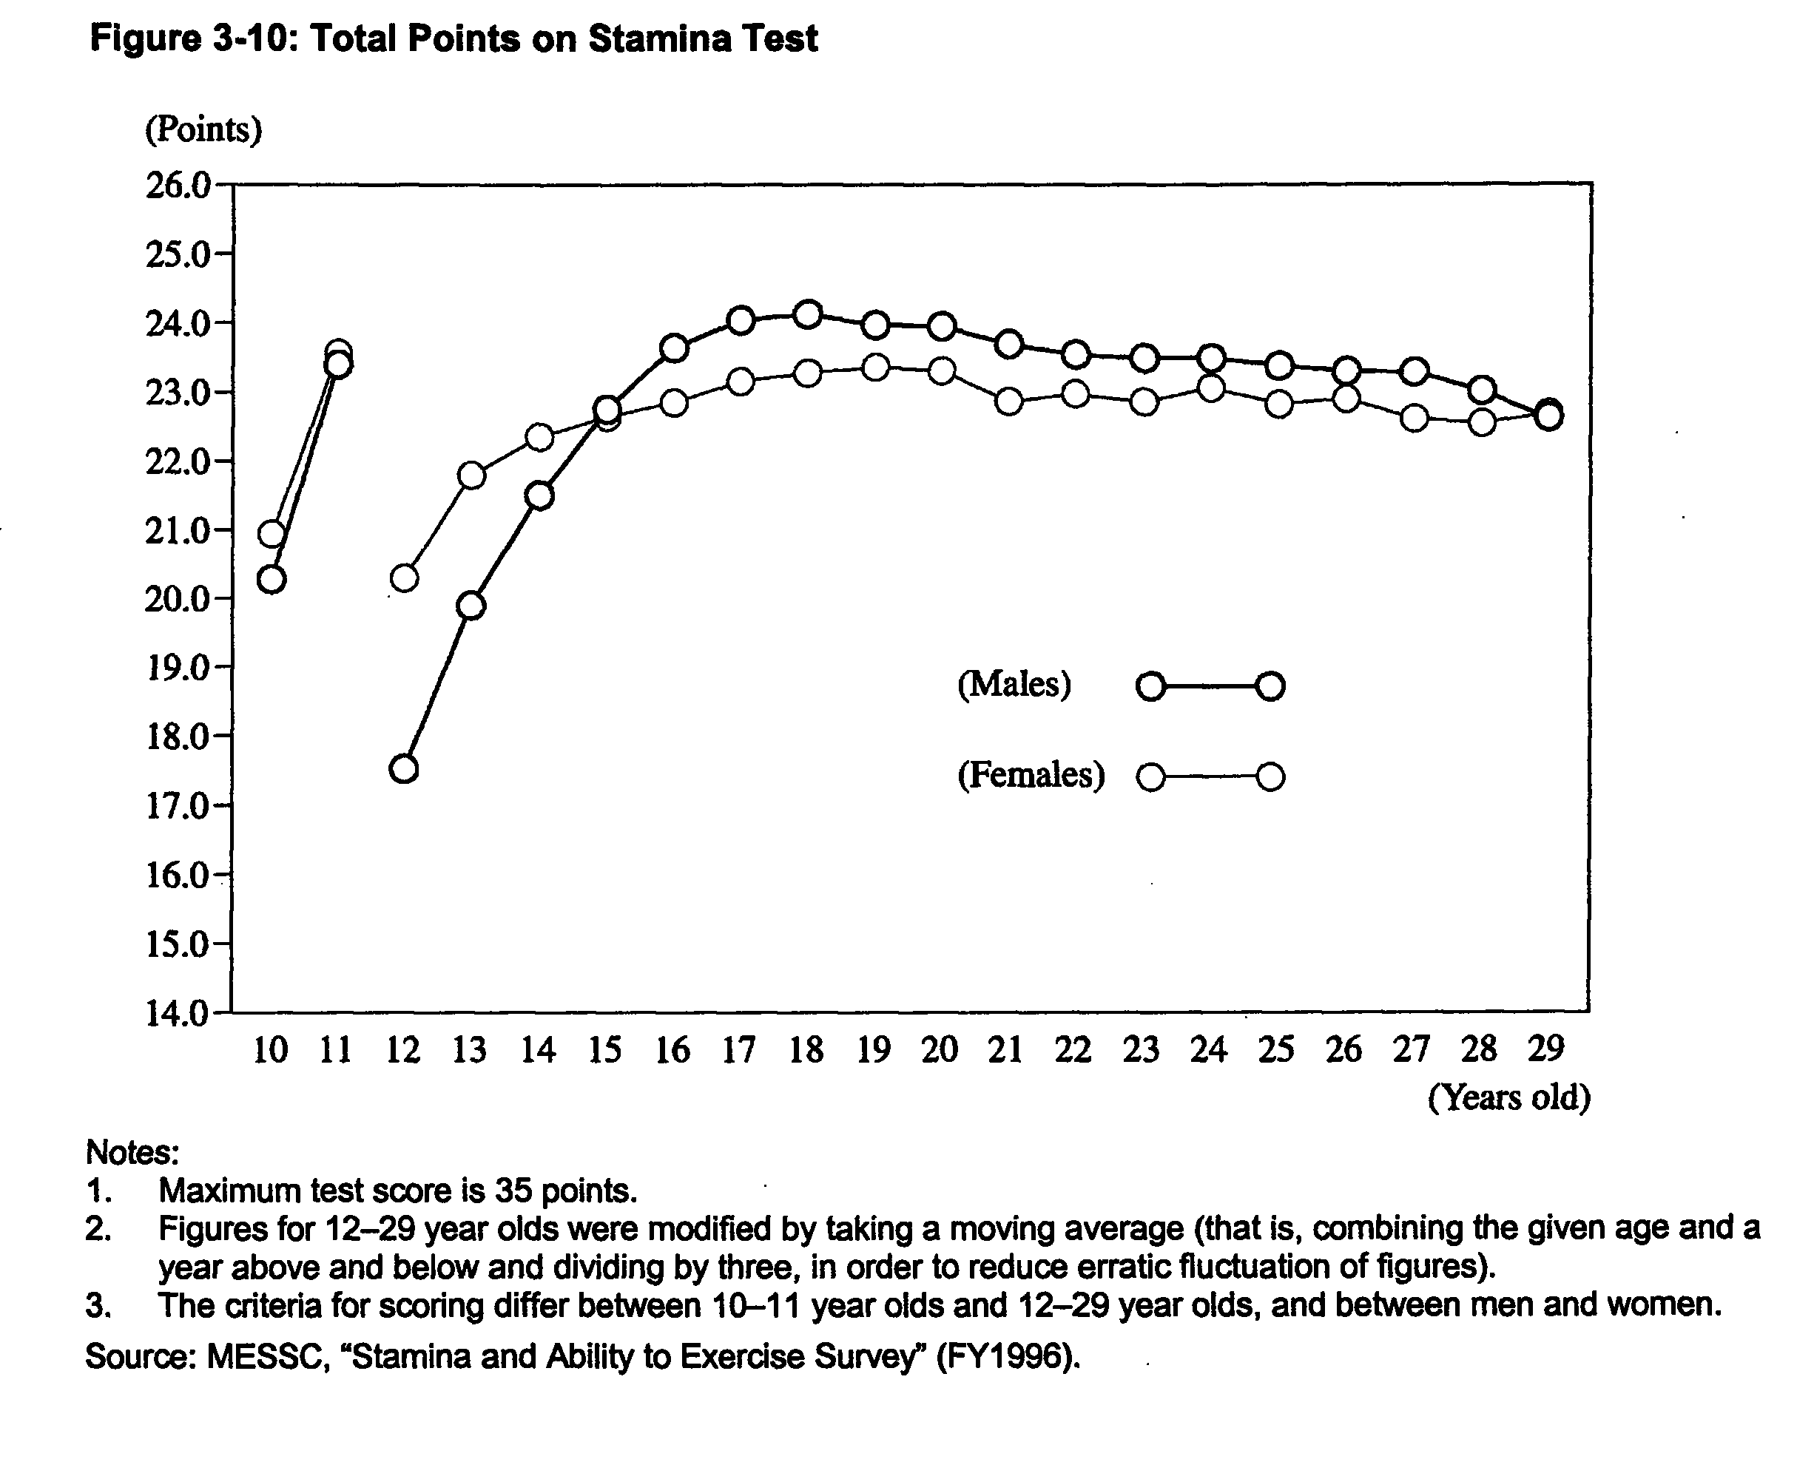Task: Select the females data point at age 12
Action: [404, 579]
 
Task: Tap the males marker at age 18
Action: [808, 314]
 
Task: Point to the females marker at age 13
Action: [471, 475]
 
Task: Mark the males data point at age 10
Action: [272, 580]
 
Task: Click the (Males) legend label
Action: [1014, 685]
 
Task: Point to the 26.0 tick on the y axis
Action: [177, 185]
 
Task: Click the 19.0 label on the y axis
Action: [177, 668]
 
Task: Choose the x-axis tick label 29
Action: [1546, 1049]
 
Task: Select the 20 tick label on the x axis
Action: [940, 1050]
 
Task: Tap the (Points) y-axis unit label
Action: [203, 129]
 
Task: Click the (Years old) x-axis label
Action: [1508, 1097]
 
